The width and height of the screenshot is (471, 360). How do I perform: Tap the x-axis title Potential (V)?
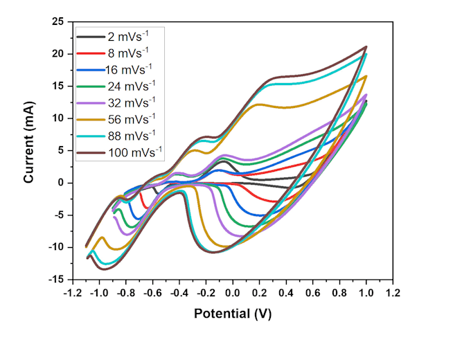232,314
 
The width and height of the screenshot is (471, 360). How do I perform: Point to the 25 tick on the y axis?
57,21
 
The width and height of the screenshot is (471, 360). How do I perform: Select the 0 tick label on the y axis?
61,183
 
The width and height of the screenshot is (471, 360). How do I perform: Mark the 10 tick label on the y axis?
57,118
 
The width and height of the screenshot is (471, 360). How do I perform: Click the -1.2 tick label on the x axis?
71,292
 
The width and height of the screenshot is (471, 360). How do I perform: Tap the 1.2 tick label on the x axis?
393,292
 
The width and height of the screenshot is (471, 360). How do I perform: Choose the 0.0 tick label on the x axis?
232,292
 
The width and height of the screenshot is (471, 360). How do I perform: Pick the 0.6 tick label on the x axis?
312,292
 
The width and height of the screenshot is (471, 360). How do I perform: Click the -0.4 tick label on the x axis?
178,292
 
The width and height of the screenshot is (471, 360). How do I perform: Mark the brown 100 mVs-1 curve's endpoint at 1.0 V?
366,47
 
